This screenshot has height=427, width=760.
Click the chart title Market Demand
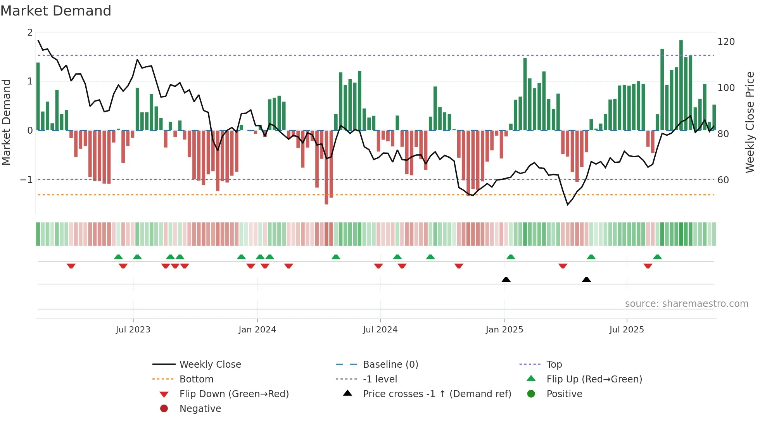pos(56,11)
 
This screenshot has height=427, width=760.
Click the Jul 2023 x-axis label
pos(133,330)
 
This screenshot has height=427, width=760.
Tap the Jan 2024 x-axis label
pos(257,330)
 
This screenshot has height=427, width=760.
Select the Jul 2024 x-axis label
pos(380,330)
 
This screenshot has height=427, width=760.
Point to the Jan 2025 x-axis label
pos(504,330)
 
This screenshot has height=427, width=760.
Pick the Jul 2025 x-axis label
pos(627,330)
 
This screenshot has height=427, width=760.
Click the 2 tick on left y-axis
pos(30,33)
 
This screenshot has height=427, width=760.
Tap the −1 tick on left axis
pos(26,180)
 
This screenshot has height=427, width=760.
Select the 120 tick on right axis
pos(726,42)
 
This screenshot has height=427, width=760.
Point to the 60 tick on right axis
pos(723,180)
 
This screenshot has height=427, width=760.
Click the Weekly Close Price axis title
pos(750,122)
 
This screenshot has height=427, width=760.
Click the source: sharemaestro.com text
pos(686,304)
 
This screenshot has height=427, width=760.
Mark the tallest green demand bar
pos(681,85)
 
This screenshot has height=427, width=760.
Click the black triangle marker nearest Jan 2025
pos(506,279)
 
